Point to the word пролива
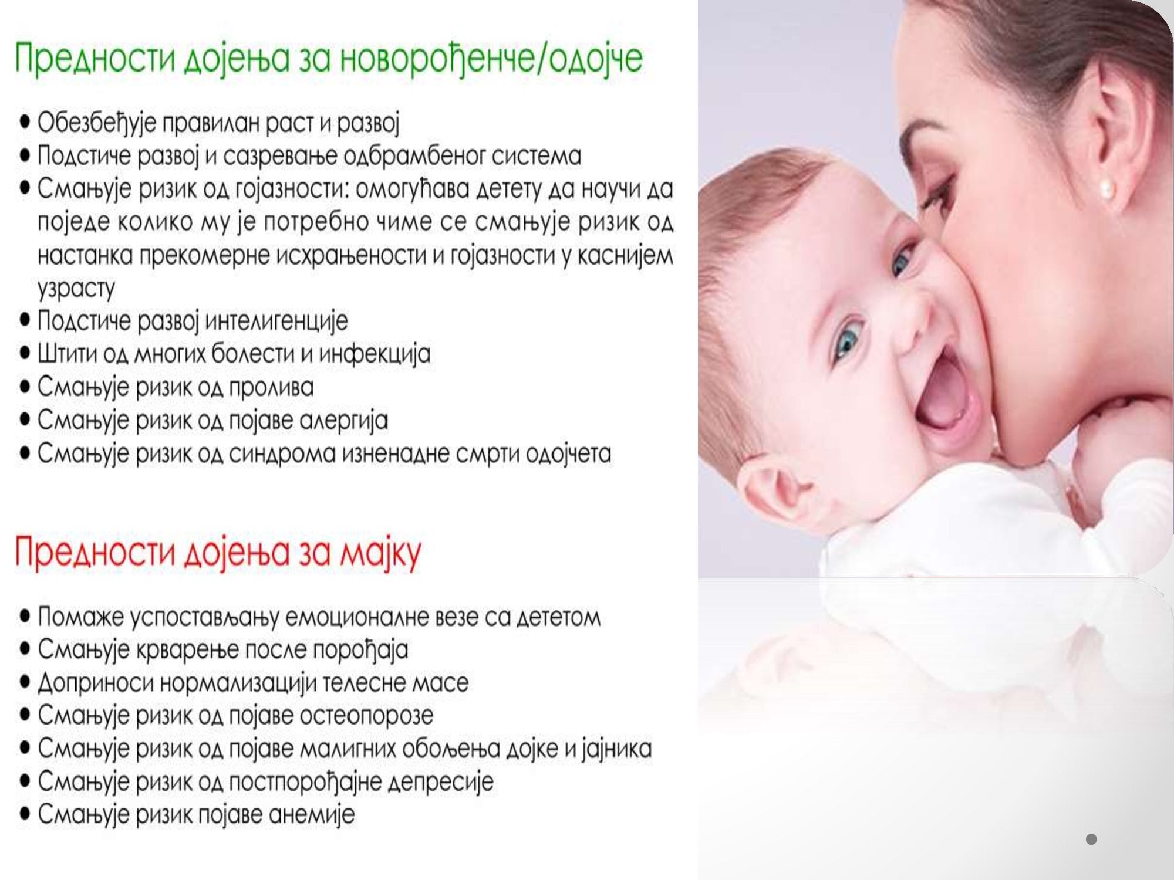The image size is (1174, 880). (x=271, y=388)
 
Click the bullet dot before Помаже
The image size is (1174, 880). (x=25, y=617)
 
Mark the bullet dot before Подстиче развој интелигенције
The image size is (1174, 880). (x=25, y=320)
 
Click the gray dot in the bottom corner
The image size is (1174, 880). (x=1091, y=840)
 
